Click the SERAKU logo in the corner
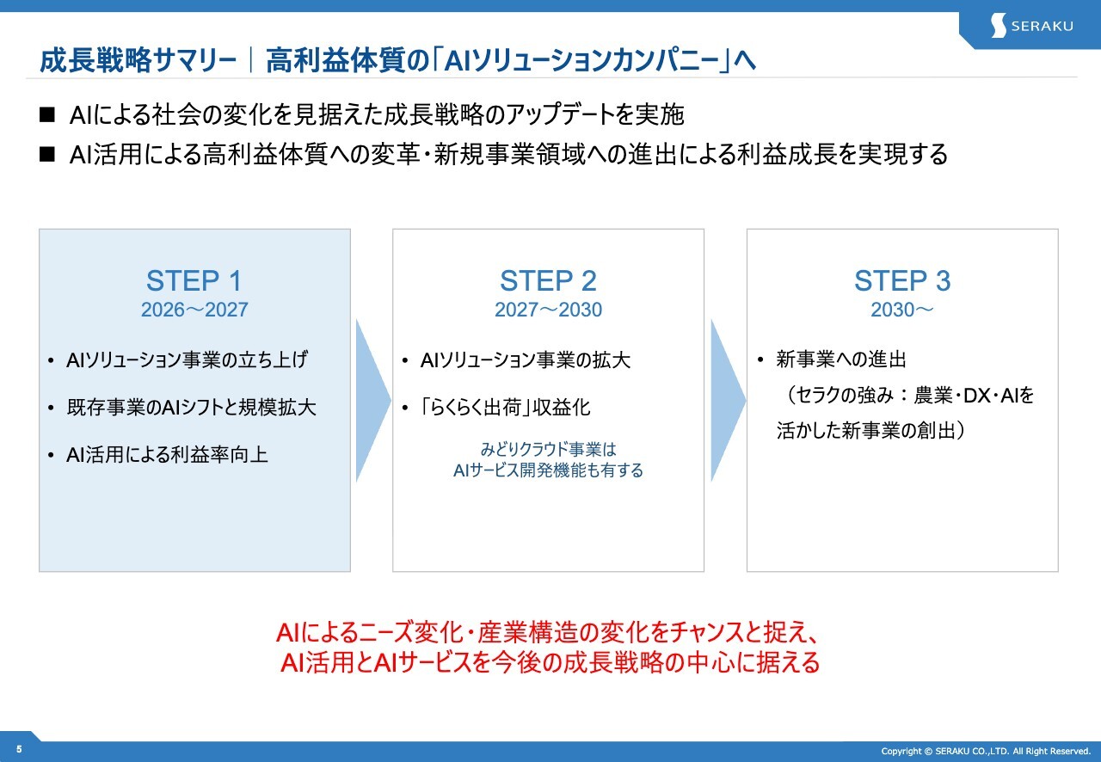[x=1031, y=26]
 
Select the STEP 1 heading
[x=194, y=280]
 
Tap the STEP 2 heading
[x=548, y=280]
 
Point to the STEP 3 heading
[x=902, y=280]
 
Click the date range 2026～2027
[x=194, y=310]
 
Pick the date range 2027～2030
[x=548, y=310]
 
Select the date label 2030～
[x=902, y=310]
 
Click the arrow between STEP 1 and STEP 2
[x=372, y=401]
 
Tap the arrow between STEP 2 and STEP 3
[x=728, y=401]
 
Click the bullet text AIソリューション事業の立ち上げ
[x=187, y=359]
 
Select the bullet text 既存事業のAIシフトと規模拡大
[x=191, y=407]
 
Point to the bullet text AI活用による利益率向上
[x=167, y=455]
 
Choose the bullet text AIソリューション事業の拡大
[x=525, y=359]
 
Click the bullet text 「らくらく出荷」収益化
[x=505, y=407]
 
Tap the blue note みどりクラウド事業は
[x=548, y=449]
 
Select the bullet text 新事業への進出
[x=841, y=359]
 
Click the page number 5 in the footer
[x=19, y=749]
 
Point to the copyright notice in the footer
[x=986, y=751]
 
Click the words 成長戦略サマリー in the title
[x=138, y=60]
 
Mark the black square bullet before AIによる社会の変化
[x=47, y=115]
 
